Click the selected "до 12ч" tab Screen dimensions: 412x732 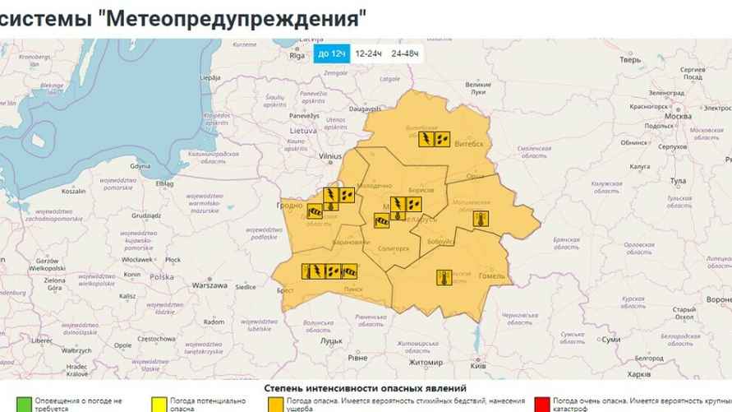pyautogui.click(x=331, y=53)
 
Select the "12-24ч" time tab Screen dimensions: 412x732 pyautogui.click(x=369, y=53)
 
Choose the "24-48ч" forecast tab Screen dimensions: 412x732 pyautogui.click(x=405, y=53)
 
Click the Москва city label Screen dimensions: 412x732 pyautogui.click(x=678, y=116)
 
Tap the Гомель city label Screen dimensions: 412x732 pyautogui.click(x=492, y=276)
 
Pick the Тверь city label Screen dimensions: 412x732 pyautogui.click(x=630, y=60)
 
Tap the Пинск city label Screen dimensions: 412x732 pyautogui.click(x=353, y=289)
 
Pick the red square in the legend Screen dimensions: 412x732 pyautogui.click(x=541, y=403)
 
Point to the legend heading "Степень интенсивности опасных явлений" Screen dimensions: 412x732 pyautogui.click(x=365, y=387)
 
